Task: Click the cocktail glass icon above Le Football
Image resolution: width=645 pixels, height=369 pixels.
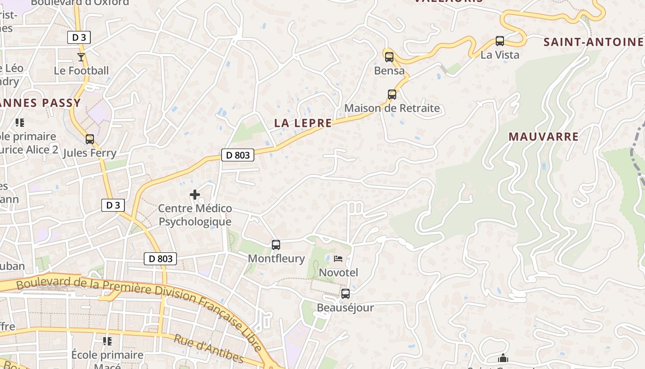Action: coord(81,57)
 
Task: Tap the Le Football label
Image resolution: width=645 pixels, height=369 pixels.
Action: coord(82,71)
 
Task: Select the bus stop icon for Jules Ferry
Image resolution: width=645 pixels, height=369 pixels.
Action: coord(90,139)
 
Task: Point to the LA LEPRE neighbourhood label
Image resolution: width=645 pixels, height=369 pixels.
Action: coord(303,123)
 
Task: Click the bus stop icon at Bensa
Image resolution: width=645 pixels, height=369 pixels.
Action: coord(389,57)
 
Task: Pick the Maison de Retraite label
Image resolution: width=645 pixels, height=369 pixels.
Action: coord(392,108)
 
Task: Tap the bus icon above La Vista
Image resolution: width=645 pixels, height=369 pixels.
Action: coord(500,41)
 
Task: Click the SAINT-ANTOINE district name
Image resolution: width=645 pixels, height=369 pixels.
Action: coord(593,42)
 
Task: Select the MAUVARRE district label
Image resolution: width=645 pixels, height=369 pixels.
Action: coord(544,137)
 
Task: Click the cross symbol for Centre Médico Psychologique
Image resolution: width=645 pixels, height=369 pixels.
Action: coord(195,195)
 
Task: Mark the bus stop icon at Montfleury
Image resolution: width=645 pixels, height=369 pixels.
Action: coord(276,245)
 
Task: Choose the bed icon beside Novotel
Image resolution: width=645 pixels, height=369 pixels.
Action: coord(338,259)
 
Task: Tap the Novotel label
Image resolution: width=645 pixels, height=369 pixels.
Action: coord(338,273)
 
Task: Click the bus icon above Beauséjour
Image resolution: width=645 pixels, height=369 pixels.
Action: coord(346,294)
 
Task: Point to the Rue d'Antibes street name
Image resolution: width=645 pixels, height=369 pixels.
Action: coord(208,348)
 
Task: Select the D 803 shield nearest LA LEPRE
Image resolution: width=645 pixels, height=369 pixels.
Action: coord(238,155)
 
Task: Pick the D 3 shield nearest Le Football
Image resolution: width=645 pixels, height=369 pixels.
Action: coord(79,38)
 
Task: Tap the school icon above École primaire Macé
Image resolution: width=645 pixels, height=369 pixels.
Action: coord(107,341)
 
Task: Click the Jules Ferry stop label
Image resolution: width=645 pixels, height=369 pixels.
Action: coord(90,153)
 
